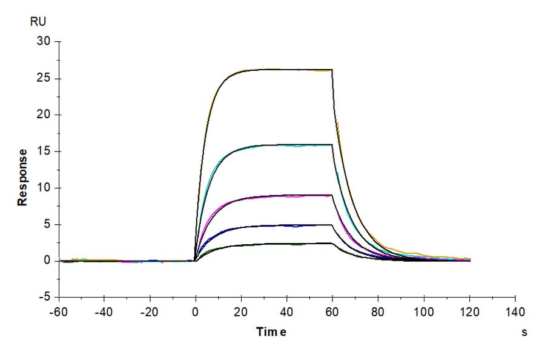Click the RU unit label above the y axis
38,22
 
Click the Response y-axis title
22,177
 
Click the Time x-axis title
271,332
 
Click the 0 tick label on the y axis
46,261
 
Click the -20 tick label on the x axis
150,312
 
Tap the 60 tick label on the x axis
332,312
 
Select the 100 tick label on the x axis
424,312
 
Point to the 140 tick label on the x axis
515,312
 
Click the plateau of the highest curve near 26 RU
285,70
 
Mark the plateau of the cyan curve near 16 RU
285,145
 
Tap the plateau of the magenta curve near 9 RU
285,195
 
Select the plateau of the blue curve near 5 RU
285,225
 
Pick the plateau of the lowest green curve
285,244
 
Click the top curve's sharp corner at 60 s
332,70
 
